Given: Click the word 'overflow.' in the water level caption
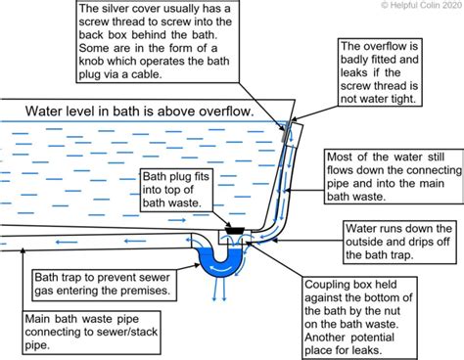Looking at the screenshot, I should click(x=223, y=111).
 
